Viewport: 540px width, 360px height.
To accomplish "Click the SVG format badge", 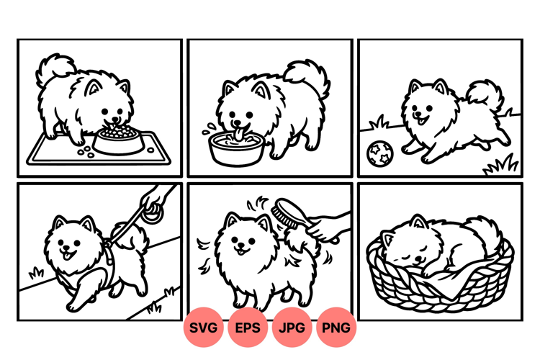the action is click(203, 328).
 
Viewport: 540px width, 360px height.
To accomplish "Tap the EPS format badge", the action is click(248, 328).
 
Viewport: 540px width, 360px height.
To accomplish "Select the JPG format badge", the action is click(292, 328).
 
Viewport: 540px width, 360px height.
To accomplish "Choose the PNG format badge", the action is click(336, 328).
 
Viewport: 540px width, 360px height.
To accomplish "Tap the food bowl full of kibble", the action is click(118, 139).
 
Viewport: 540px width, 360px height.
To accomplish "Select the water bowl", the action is click(237, 149).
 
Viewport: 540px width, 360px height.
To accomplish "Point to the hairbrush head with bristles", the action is click(284, 211).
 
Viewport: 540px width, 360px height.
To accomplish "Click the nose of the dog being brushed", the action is click(242, 246).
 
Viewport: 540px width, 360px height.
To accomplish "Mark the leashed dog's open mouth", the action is click(68, 255).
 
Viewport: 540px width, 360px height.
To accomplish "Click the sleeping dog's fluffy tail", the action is click(484, 235).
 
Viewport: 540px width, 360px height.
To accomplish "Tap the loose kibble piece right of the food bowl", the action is click(150, 150).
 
